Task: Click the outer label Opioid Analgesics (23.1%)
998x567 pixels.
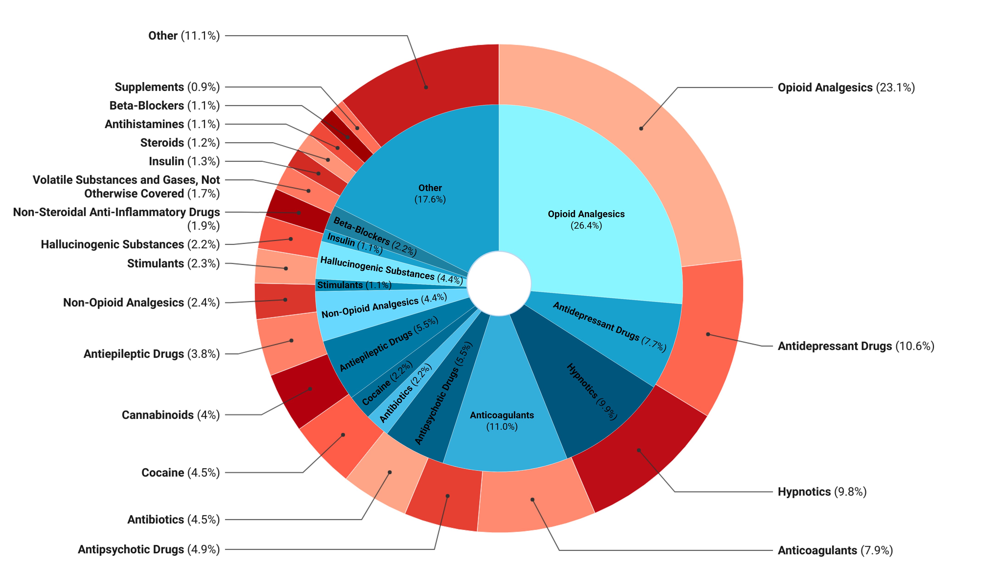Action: pyautogui.click(x=846, y=88)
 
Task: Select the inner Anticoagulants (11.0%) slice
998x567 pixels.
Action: pyautogui.click(x=502, y=421)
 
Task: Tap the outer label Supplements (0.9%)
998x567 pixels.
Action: pyautogui.click(x=167, y=87)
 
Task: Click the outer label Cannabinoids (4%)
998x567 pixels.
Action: pyautogui.click(x=170, y=415)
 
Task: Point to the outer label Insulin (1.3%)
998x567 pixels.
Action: pyautogui.click(x=184, y=161)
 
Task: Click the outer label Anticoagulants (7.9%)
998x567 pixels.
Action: pyautogui.click(x=835, y=550)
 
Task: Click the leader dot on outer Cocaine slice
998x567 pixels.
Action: pyautogui.click(x=343, y=435)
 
